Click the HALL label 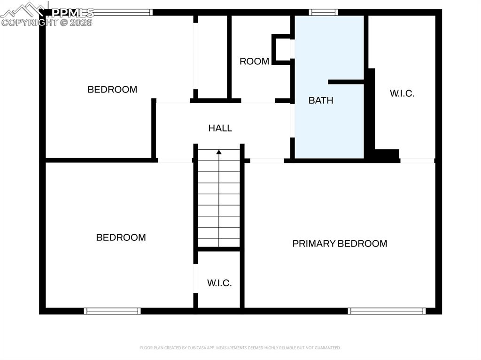(x=220, y=128)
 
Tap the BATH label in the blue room (x=321, y=100)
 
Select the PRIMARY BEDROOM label (x=340, y=244)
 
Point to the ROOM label (x=254, y=61)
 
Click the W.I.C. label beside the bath (x=402, y=93)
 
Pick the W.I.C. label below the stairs (x=219, y=283)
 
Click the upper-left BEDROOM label (x=112, y=90)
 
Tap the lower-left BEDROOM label (x=121, y=237)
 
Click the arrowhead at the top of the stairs (x=219, y=152)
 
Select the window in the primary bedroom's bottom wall (x=387, y=311)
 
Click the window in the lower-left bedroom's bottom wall (x=112, y=311)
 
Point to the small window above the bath (x=323, y=13)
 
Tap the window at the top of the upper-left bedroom (x=123, y=13)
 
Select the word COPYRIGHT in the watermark (x=29, y=22)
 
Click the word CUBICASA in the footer (x=187, y=348)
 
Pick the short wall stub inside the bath (x=346, y=82)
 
